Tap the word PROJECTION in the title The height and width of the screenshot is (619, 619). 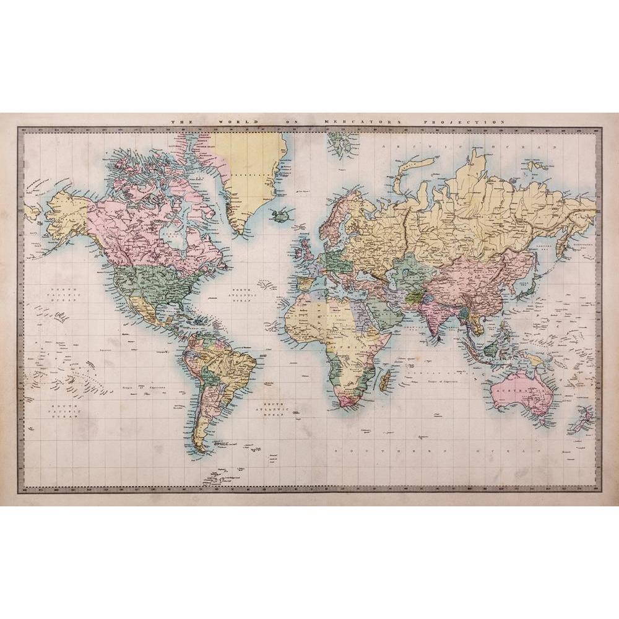pos(464,123)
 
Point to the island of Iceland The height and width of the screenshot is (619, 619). pos(280,214)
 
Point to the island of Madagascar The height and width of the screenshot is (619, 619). pos(384,378)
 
